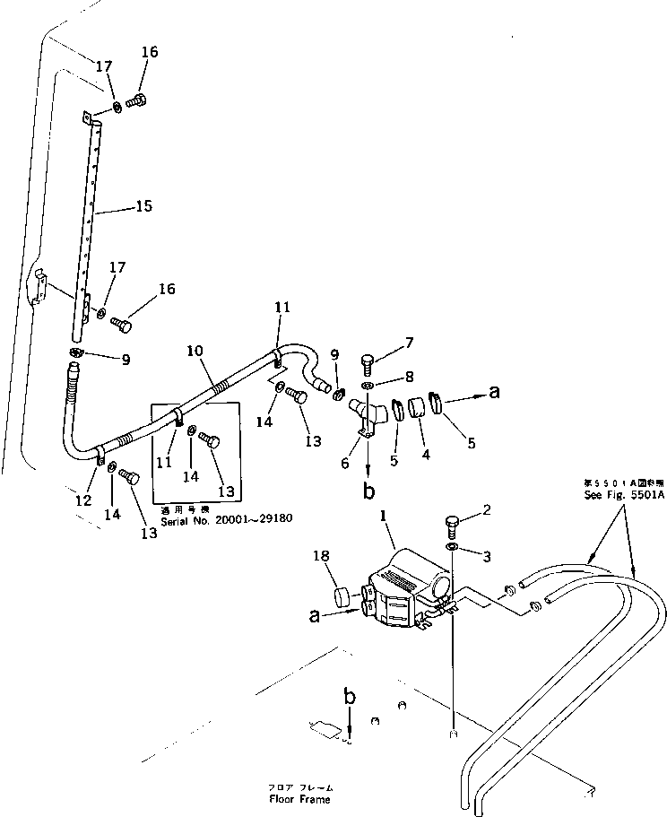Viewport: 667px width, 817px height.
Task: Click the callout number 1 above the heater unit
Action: pos(383,518)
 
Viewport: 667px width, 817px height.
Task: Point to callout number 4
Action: pos(426,455)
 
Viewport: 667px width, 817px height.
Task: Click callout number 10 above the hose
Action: pos(195,351)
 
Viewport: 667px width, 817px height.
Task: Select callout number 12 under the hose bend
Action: pos(83,500)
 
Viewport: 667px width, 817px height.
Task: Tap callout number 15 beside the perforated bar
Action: pos(143,206)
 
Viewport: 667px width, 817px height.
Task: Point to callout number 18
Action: pos(322,557)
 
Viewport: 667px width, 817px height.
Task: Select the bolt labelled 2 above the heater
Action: pos(451,524)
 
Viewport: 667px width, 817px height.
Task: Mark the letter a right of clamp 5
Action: pos(493,392)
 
